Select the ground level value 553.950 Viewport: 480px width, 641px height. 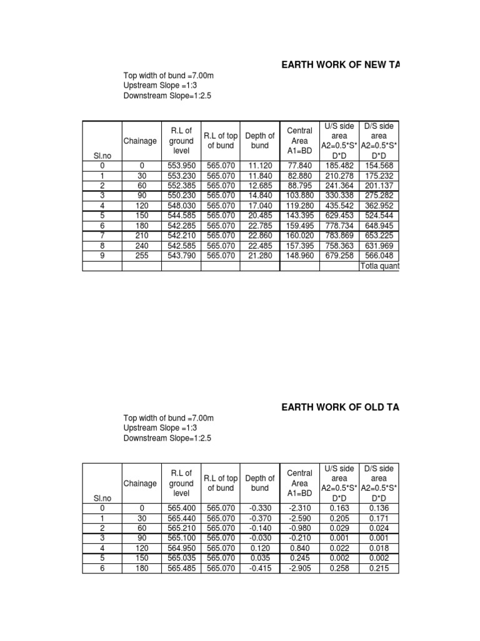coord(181,165)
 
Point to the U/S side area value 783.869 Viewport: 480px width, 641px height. coord(339,235)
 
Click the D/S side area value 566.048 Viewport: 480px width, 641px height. coord(379,255)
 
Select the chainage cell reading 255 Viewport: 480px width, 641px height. coord(141,255)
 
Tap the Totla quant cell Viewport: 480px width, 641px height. coord(379,265)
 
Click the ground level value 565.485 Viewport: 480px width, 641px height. coord(181,568)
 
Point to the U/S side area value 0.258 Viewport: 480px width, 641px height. coord(339,568)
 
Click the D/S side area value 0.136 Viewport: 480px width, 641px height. coord(379,508)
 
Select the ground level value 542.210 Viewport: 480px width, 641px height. coord(181,235)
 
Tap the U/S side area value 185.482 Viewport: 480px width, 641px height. coord(339,165)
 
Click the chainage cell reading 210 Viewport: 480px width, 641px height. coord(141,235)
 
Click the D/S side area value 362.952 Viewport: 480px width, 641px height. coord(379,205)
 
